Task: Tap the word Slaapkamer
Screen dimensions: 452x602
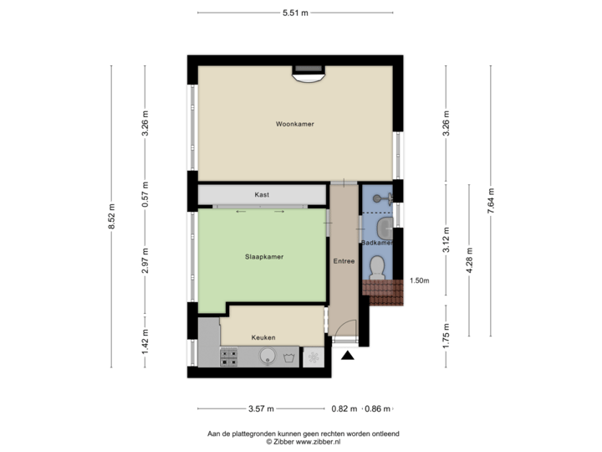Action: click(264, 257)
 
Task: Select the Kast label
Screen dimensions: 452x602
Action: click(262, 194)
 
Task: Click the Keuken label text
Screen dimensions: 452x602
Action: click(263, 337)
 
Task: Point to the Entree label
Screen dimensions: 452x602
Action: click(344, 261)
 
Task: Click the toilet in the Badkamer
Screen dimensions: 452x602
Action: click(377, 267)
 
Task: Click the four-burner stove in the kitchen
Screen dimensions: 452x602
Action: click(228, 357)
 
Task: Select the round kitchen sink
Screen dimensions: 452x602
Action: click(266, 357)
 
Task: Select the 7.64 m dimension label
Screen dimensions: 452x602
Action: click(492, 201)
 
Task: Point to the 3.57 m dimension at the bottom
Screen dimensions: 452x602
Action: click(261, 409)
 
